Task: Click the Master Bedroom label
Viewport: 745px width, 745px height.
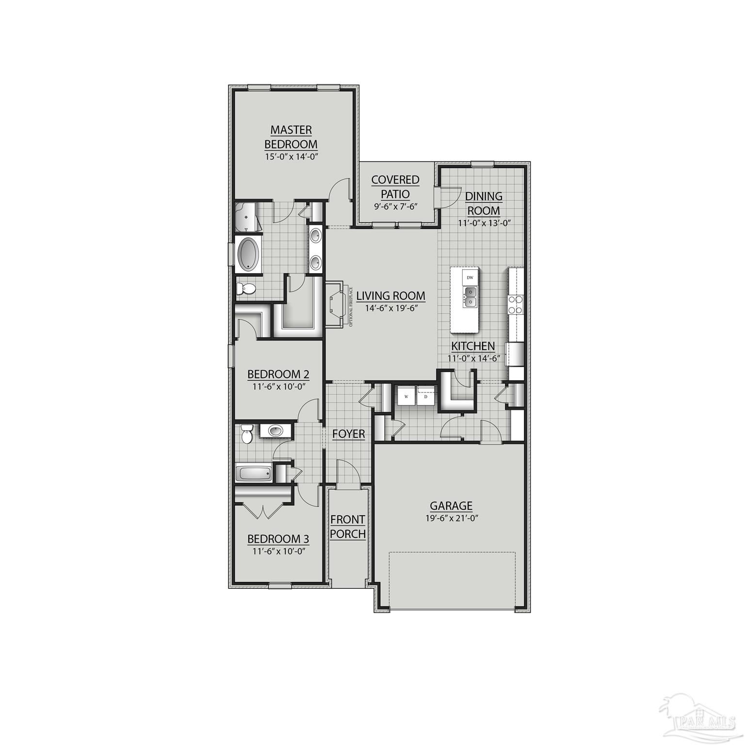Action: [x=291, y=137]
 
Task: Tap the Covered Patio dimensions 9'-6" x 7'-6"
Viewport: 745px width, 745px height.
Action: [x=395, y=206]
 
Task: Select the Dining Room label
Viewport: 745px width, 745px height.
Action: [x=483, y=203]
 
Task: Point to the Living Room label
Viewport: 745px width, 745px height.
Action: [x=390, y=296]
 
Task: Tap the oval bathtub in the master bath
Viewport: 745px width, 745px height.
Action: [x=249, y=253]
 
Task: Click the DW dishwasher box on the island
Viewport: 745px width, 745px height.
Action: [x=470, y=277]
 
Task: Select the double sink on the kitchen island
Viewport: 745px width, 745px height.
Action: [x=470, y=296]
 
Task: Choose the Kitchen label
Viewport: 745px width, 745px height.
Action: [x=473, y=346]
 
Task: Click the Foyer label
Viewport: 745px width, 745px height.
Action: [x=348, y=434]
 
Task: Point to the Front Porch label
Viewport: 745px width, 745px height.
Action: [x=348, y=527]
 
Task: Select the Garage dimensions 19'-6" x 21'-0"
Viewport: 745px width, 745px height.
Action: [x=451, y=518]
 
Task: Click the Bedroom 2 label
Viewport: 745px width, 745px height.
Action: [x=278, y=374]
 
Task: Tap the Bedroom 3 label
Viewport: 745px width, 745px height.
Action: [x=278, y=539]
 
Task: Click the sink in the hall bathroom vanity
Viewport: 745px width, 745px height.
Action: [x=276, y=430]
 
